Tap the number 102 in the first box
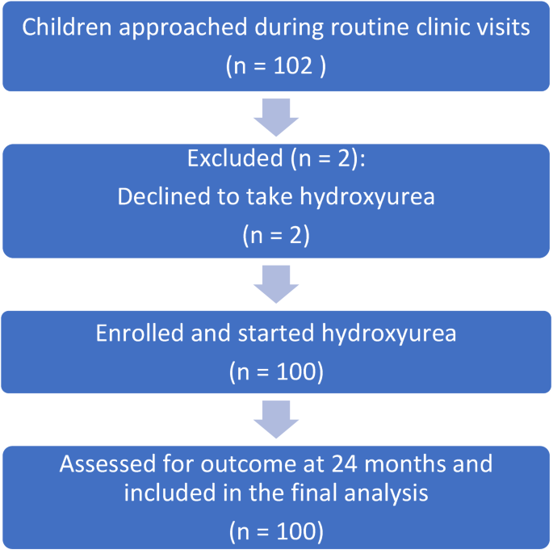click(x=287, y=65)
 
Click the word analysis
click(x=387, y=493)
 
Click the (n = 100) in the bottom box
click(x=276, y=531)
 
